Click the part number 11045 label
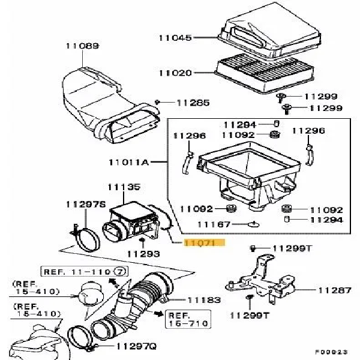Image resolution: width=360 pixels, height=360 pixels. tap(175, 38)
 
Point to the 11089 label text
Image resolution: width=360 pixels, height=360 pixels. tap(83, 46)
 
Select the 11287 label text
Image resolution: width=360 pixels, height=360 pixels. tap(334, 290)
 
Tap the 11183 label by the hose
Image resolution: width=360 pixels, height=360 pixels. tap(204, 299)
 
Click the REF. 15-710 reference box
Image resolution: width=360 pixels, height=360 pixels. tap(187, 319)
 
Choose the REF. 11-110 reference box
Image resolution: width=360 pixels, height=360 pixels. tap(85, 272)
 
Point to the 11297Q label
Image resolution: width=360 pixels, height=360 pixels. tap(136, 346)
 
